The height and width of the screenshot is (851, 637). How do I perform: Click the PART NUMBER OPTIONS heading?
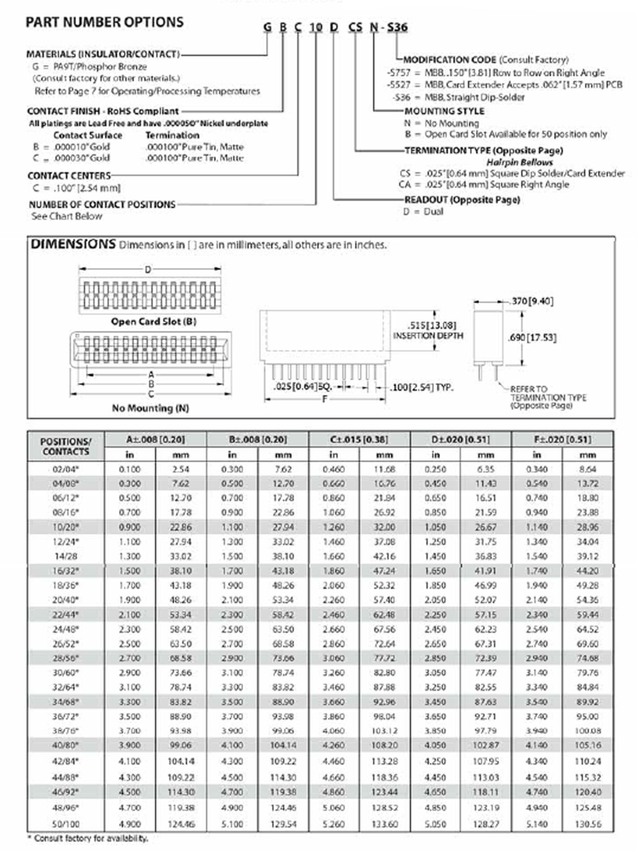point(105,22)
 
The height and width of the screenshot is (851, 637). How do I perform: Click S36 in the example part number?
point(397,28)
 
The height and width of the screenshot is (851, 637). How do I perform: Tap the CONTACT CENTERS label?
point(69,176)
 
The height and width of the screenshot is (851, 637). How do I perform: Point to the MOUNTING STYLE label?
point(444,111)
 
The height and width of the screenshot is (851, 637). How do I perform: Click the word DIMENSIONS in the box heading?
point(73,244)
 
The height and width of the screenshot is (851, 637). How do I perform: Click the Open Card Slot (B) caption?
point(153,322)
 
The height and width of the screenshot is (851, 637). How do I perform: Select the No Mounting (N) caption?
point(150,408)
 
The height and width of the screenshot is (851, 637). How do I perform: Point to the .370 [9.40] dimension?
point(532,301)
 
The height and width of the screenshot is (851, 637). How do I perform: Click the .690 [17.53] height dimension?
point(532,338)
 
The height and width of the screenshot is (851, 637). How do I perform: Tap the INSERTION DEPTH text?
point(428,336)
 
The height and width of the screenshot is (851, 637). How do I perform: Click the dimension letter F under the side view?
point(325,399)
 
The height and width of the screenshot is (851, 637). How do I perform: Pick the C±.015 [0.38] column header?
point(359,439)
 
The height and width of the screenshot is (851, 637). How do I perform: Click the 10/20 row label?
point(66,527)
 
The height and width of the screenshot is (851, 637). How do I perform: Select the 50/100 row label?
point(66,824)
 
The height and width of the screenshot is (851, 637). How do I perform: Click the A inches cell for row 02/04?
point(130,469)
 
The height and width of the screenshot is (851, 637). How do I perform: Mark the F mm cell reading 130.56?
point(588,824)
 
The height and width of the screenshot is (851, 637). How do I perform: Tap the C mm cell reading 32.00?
point(384,527)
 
